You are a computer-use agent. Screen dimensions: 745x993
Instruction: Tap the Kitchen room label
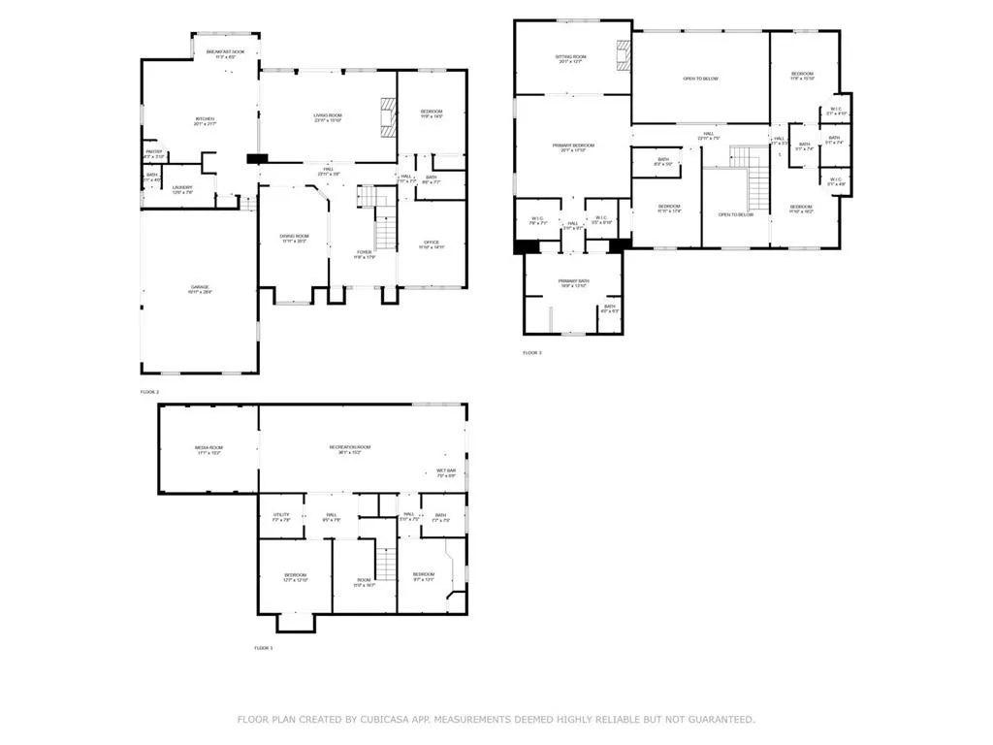tap(204, 120)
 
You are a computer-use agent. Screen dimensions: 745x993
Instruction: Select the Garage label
tap(200, 288)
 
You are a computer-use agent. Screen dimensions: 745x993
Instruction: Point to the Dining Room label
tap(294, 238)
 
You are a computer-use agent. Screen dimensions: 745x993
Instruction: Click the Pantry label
tap(154, 153)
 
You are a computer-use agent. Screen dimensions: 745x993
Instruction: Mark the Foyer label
tap(364, 255)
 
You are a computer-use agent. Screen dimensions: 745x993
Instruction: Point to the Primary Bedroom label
tap(573, 147)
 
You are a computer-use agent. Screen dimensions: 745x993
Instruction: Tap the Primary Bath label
tap(573, 283)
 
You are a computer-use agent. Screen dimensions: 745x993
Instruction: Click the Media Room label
tap(209, 449)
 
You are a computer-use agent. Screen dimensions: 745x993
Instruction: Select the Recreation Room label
tap(350, 449)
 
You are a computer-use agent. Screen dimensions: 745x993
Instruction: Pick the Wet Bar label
tap(446, 472)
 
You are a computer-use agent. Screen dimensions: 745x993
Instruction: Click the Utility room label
tap(281, 518)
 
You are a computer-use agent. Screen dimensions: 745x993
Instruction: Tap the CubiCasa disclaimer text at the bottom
tap(496, 719)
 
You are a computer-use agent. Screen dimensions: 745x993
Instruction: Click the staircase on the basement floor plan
tap(387, 564)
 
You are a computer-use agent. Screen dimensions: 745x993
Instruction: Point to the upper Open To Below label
tap(700, 79)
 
